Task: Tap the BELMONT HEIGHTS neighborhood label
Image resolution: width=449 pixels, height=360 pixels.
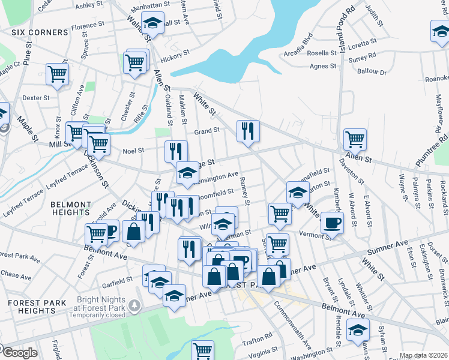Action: pyautogui.click(x=71, y=208)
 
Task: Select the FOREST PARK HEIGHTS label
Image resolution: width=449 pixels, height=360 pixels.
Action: pyautogui.click(x=37, y=307)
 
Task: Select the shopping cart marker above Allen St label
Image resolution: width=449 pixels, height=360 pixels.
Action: pyautogui.click(x=355, y=139)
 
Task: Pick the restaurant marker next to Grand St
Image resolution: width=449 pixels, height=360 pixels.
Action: pyautogui.click(x=247, y=131)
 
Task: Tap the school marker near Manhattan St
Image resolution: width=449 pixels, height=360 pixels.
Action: pyautogui.click(x=153, y=24)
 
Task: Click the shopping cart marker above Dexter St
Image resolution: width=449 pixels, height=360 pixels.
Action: pyautogui.click(x=57, y=74)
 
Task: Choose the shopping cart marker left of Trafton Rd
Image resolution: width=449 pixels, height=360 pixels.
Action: pyautogui.click(x=203, y=350)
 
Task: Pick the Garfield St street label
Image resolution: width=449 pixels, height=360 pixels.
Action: pyautogui.click(x=116, y=280)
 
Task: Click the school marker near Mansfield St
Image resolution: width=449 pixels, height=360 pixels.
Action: pyautogui.click(x=297, y=193)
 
